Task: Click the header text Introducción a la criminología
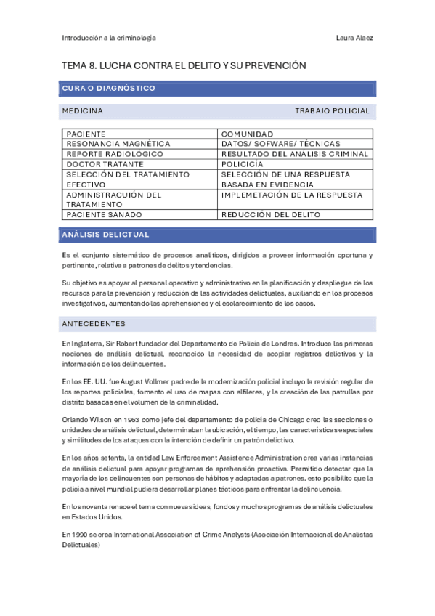109,38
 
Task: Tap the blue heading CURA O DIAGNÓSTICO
109,89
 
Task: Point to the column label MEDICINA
82,111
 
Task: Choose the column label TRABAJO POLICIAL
332,111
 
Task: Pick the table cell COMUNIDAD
248,134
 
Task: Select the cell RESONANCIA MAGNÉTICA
118,144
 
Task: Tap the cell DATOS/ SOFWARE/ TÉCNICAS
280,144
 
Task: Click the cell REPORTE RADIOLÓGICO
115,154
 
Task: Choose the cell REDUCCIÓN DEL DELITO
271,215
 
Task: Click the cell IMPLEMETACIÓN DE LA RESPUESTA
291,195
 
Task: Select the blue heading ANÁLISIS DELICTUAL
106,235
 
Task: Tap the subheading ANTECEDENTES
94,323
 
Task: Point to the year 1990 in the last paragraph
81,534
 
